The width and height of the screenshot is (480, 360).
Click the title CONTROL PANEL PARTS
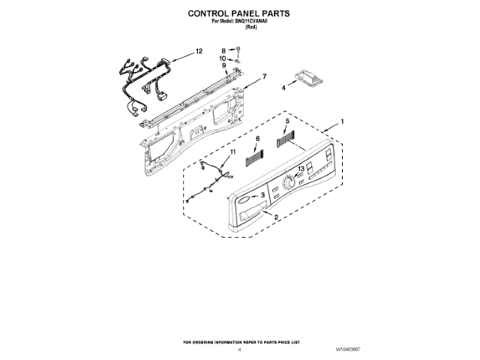point(238,13)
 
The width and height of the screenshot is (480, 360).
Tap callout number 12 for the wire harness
point(198,51)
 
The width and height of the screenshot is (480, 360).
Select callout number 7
point(263,76)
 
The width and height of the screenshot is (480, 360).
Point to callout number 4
point(283,88)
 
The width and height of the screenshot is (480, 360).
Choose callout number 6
point(257,139)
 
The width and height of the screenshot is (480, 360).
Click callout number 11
point(232,152)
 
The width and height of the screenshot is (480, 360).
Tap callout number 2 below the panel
point(277,217)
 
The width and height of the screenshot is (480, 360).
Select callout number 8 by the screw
point(223,49)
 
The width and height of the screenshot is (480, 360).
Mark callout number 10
point(223,58)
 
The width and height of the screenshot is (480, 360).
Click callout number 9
point(223,65)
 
